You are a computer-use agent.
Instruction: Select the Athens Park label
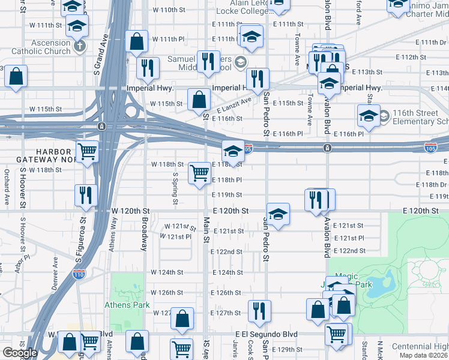tap(127, 305)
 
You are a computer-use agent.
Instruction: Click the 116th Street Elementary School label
tap(420, 117)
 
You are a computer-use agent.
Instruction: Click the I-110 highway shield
tap(79, 274)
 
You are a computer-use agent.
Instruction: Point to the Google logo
tap(19, 353)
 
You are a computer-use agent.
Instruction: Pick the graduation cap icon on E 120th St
tap(278, 214)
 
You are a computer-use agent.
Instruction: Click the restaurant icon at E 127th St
tap(259, 310)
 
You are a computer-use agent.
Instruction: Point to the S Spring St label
tap(175, 188)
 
